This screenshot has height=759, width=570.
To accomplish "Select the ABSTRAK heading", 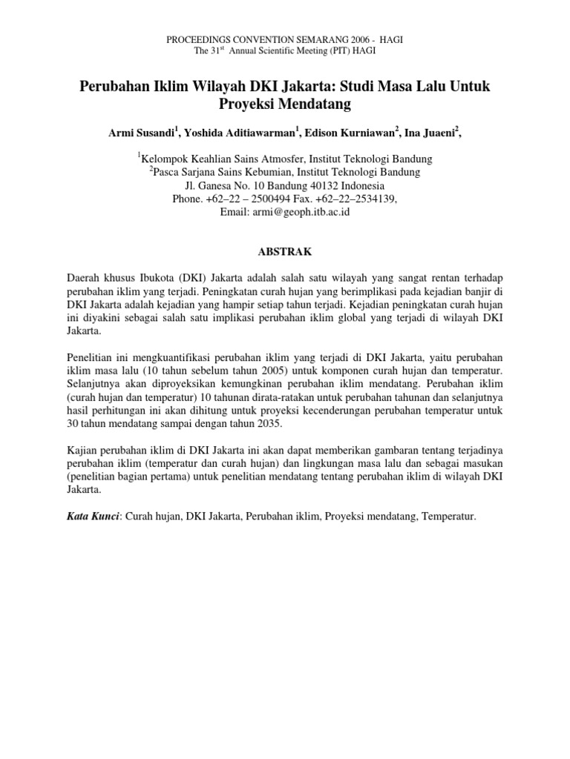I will point(284,252).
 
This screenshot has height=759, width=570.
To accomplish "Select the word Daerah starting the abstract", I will point(84,277).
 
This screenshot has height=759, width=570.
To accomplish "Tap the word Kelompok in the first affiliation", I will point(168,159).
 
